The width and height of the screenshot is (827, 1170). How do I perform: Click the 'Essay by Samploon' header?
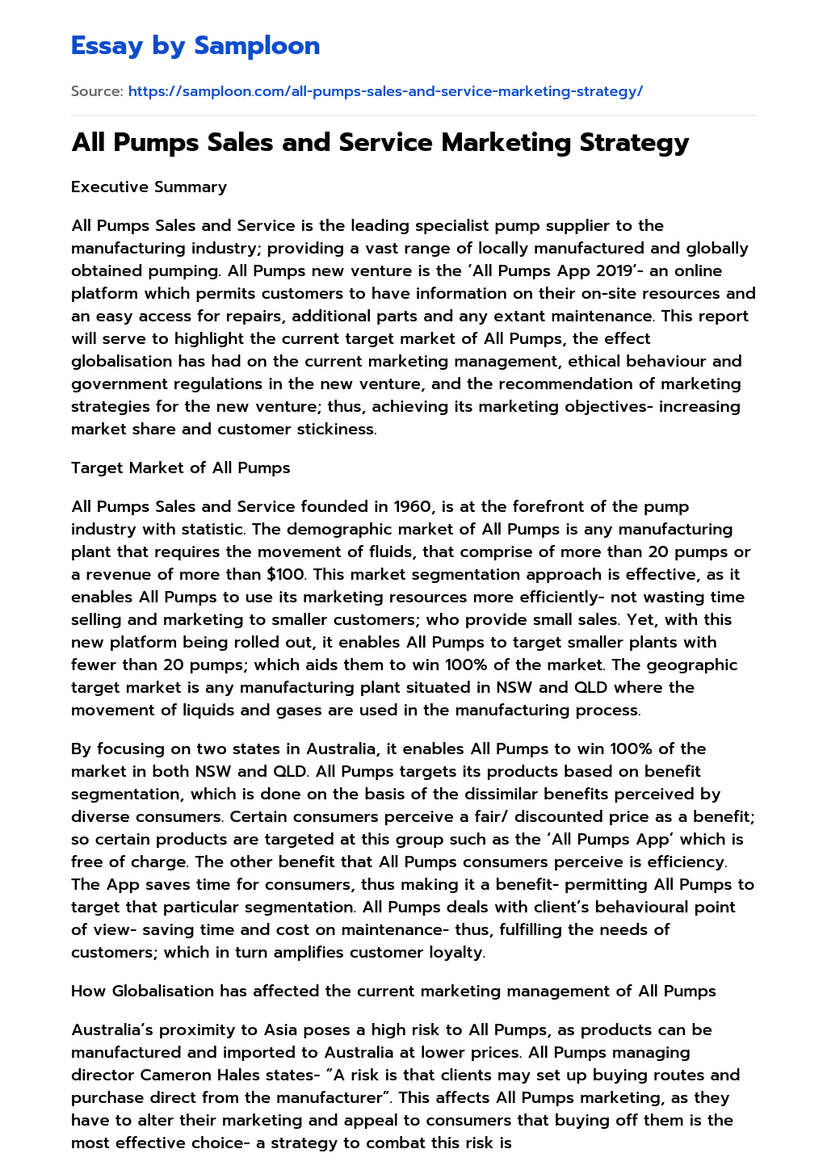click(x=195, y=46)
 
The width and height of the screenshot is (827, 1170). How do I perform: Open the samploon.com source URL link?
click(x=385, y=91)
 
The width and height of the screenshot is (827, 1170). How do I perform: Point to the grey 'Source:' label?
click(x=97, y=91)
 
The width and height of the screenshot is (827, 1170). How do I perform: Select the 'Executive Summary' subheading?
click(x=149, y=187)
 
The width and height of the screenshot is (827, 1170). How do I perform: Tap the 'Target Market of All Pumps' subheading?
click(x=180, y=468)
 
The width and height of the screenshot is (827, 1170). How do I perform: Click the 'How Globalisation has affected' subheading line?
click(x=393, y=991)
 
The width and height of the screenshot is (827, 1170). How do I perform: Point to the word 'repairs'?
click(x=217, y=316)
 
